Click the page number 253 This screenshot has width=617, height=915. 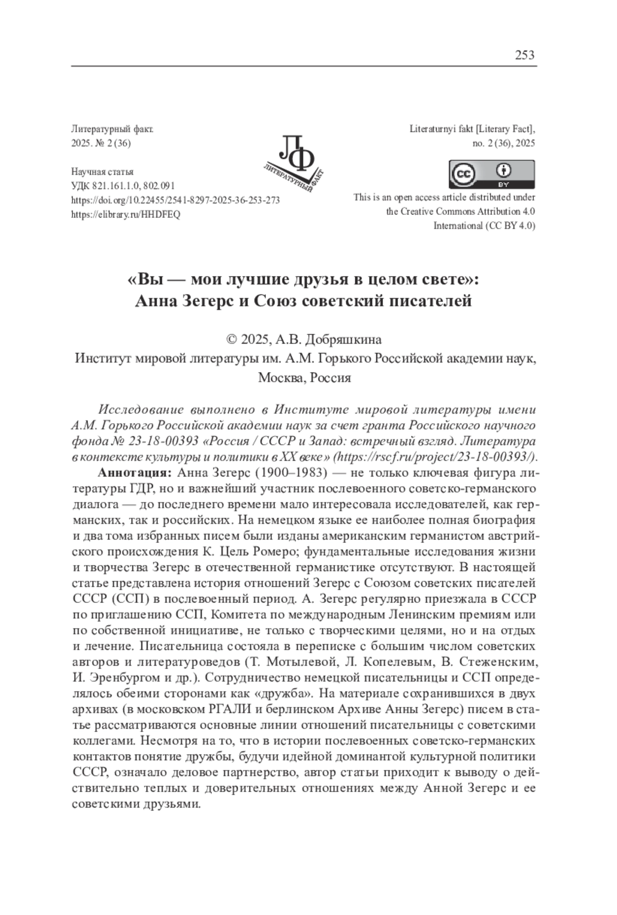point(524,55)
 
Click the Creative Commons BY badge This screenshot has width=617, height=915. point(492,174)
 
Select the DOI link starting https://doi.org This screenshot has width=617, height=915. point(175,200)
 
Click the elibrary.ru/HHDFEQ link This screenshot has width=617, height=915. point(125,215)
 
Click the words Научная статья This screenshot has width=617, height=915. point(102,172)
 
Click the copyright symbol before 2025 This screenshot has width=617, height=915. point(231,339)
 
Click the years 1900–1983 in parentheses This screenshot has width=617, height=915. point(292,472)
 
